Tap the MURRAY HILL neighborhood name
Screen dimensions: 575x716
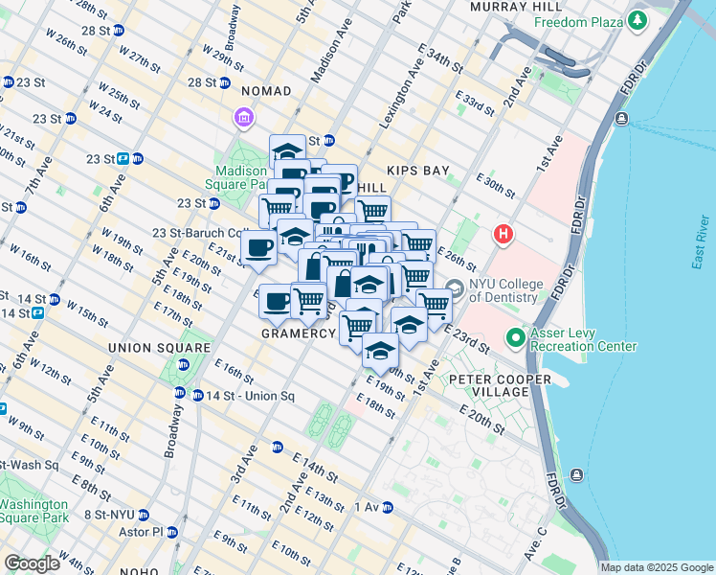pyautogui.click(x=506, y=7)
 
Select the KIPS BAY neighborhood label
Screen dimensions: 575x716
pyautogui.click(x=418, y=171)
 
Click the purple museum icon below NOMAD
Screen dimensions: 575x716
pyautogui.click(x=243, y=118)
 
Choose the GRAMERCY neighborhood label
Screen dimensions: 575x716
pyautogui.click(x=299, y=333)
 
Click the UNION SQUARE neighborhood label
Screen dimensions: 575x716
pyautogui.click(x=151, y=347)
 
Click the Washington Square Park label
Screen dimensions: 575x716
pyautogui.click(x=34, y=510)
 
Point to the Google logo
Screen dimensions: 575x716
pyautogui.click(x=33, y=563)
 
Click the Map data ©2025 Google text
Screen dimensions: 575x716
pyautogui.click(x=657, y=567)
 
